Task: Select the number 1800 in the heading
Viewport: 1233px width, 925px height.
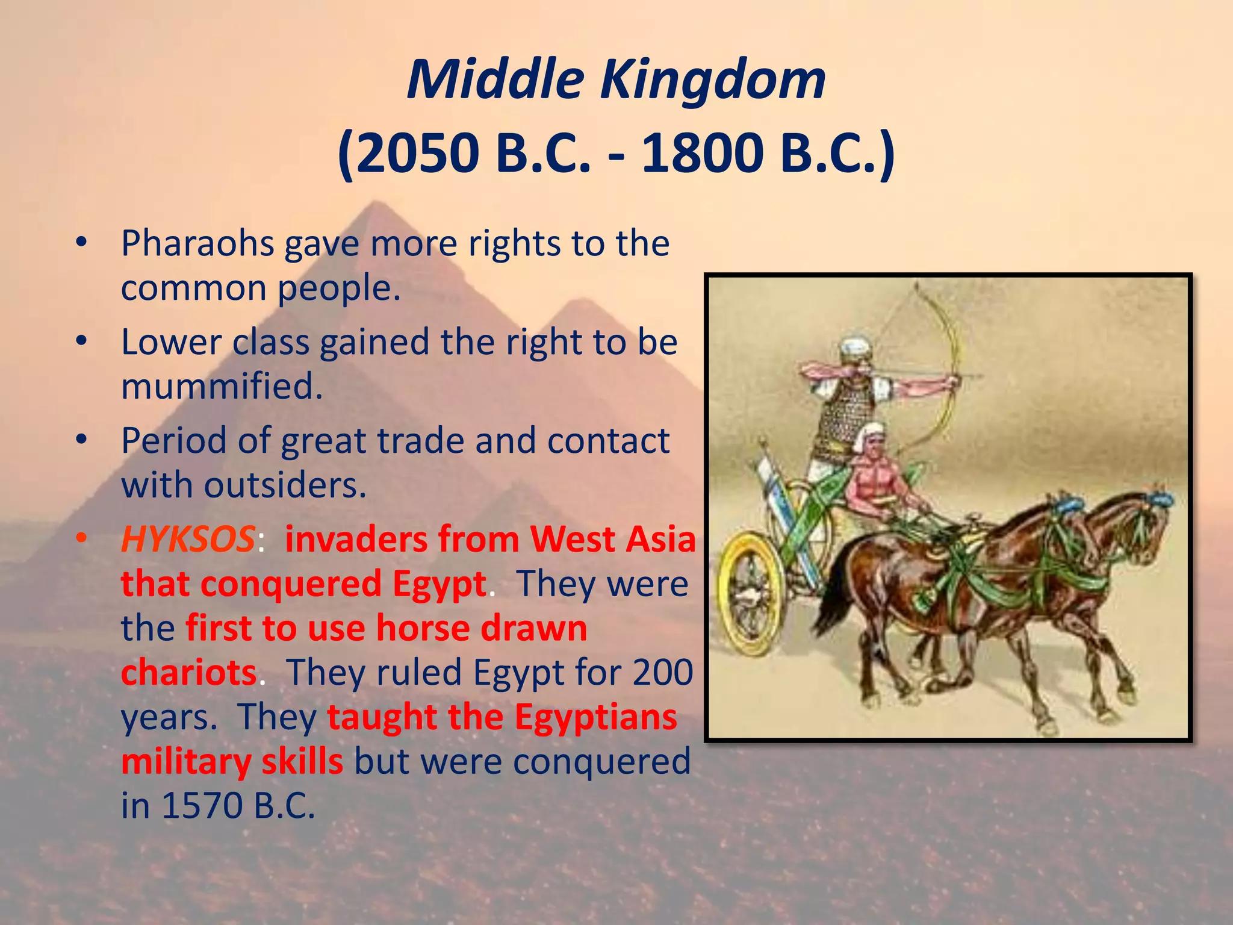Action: coord(701,153)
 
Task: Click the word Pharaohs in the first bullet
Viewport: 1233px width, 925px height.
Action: coord(197,244)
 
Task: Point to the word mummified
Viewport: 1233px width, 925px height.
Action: coord(222,386)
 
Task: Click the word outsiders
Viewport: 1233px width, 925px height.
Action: coord(285,485)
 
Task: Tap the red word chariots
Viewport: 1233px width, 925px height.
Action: coord(189,673)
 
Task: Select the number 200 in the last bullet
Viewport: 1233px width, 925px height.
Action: coord(662,673)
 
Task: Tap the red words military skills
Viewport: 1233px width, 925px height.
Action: coord(232,762)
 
